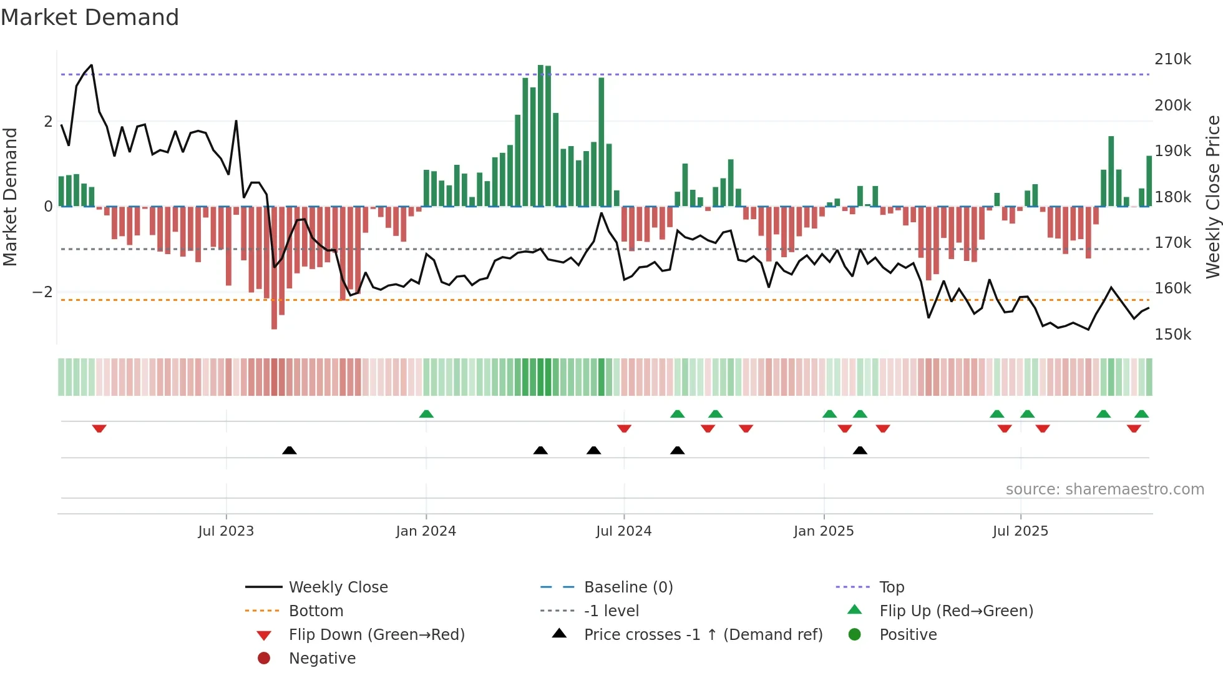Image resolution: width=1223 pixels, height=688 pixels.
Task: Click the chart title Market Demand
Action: tap(90, 17)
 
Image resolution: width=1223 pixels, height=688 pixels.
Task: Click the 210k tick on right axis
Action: tap(1172, 59)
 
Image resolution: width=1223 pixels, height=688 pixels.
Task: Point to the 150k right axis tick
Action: tap(1172, 335)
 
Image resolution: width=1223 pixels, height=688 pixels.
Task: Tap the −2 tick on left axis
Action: tap(42, 292)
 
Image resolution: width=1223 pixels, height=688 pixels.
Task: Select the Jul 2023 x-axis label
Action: tap(226, 531)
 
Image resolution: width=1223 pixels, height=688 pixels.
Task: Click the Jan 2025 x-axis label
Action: tap(824, 531)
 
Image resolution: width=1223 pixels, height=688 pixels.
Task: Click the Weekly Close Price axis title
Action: tap(1212, 197)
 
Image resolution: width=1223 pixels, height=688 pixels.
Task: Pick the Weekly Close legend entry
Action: tap(338, 587)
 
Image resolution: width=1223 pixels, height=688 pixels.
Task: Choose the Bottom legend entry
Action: tap(316, 611)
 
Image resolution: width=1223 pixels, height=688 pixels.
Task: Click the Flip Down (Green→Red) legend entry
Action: tap(376, 635)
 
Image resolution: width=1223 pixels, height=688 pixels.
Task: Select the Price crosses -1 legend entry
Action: tap(703, 635)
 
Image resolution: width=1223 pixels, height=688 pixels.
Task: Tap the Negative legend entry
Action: tap(322, 659)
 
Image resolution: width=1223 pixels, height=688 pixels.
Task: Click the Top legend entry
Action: tap(892, 587)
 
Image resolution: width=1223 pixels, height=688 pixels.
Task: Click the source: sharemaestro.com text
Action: tap(1104, 489)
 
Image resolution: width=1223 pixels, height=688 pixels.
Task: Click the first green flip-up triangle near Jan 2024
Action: tap(426, 414)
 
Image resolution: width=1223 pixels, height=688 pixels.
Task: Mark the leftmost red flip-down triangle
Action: tap(99, 428)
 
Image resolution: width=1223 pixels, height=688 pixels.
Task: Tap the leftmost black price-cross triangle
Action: tap(290, 450)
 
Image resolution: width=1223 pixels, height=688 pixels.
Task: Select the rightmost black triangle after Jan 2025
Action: tap(860, 450)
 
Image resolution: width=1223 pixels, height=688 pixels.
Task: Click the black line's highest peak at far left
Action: tap(92, 66)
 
